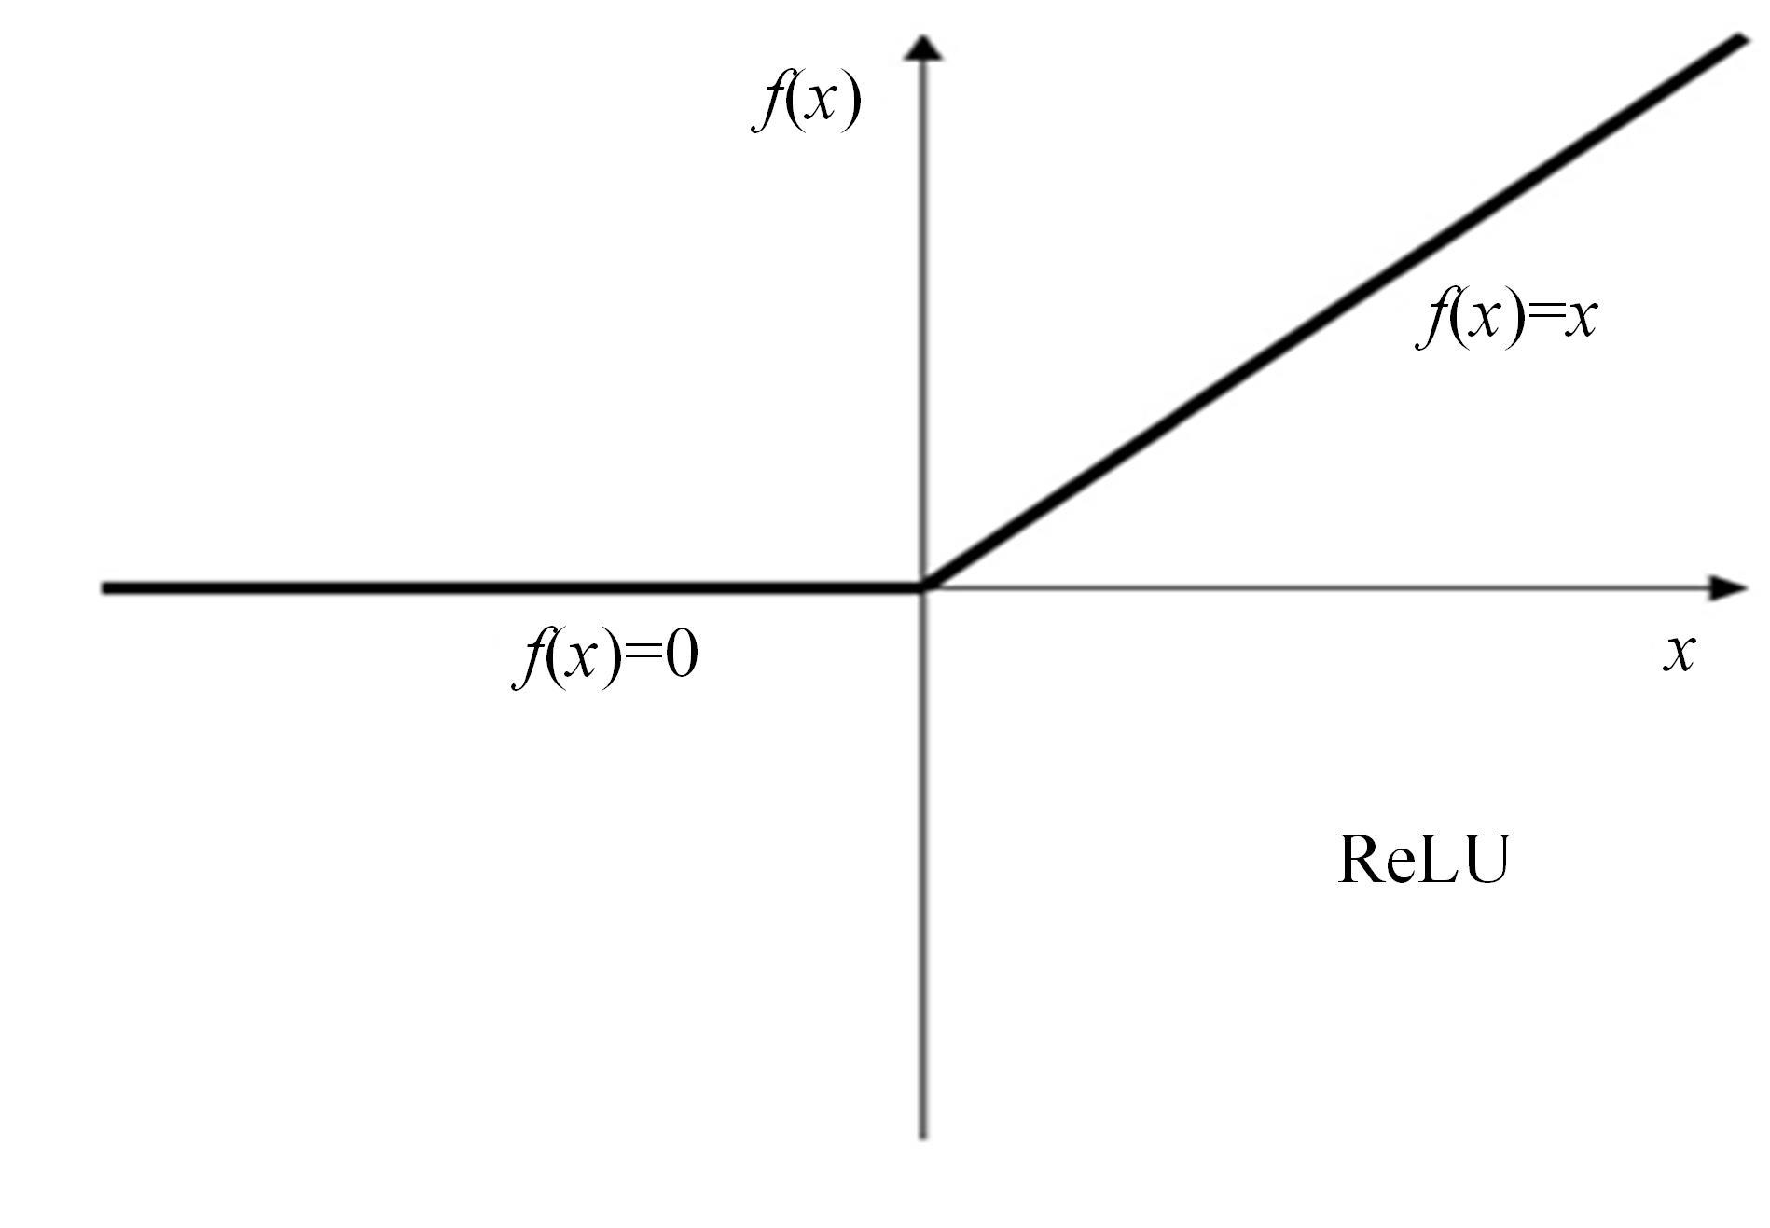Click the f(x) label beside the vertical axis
(807, 103)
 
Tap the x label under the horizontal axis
(1679, 652)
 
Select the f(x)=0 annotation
(606, 657)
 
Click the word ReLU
(1423, 859)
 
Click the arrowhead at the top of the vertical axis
(923, 48)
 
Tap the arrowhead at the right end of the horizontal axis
(1730, 587)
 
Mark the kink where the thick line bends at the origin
(923, 587)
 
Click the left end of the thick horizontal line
(104, 588)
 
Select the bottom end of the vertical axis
(923, 1137)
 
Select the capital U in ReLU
(1482, 860)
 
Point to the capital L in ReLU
(1436, 859)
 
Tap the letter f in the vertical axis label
(768, 103)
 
